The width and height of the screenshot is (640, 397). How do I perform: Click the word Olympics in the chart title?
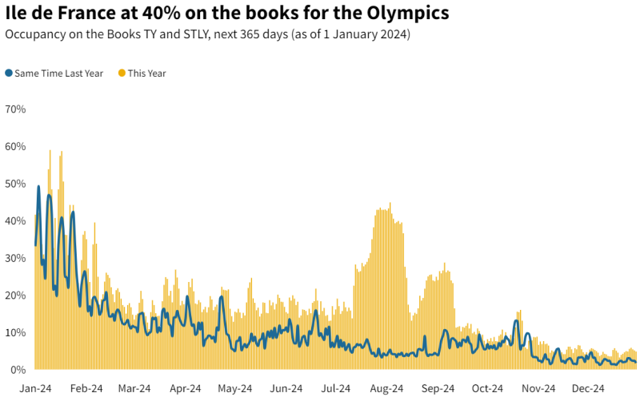tap(404, 13)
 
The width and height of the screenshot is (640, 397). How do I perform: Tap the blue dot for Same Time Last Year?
tap(9, 73)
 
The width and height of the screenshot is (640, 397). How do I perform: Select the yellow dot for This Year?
tap(122, 73)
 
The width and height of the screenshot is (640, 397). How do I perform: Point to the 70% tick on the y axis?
tap(16, 109)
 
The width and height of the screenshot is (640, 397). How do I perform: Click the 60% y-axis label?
tap(16, 146)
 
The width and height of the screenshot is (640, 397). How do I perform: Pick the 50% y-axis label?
tap(16, 184)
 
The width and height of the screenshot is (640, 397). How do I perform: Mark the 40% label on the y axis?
tap(16, 220)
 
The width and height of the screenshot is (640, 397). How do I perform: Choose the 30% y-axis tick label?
tap(16, 258)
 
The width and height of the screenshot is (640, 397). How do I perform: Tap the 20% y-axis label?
tap(16, 295)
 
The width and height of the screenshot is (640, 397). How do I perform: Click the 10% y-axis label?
tap(16, 332)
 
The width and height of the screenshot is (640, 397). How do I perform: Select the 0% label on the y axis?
tap(18, 369)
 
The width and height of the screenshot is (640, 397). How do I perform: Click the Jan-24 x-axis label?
tap(36, 388)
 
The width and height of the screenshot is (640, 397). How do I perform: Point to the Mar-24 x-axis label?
tap(134, 388)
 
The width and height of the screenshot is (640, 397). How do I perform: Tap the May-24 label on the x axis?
tap(235, 388)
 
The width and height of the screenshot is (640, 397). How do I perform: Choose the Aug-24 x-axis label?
tap(387, 388)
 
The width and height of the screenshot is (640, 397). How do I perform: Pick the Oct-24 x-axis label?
tap(487, 388)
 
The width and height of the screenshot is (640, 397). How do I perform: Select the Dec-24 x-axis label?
tap(588, 388)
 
